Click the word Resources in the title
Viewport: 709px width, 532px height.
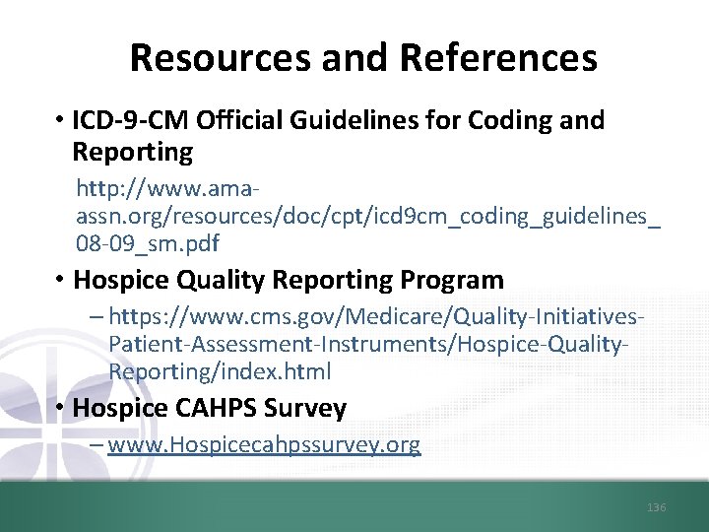220,58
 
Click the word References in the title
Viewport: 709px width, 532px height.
498,58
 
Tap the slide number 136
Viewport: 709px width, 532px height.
657,507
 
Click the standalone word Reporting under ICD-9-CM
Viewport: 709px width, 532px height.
132,153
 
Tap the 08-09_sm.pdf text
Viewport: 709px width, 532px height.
148,242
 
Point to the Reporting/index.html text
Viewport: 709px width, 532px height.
220,371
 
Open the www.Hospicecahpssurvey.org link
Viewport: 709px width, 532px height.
264,444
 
